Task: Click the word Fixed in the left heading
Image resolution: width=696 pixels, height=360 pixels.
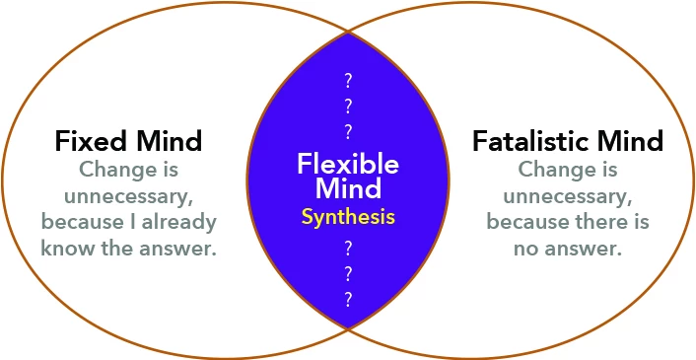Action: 92,141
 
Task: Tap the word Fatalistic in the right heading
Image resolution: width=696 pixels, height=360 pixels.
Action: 530,141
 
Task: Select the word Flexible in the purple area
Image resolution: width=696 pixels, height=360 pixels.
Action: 348,164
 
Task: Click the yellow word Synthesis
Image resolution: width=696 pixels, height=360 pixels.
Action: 348,218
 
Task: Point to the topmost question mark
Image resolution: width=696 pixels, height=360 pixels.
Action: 348,81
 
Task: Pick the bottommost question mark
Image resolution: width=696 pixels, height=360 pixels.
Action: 348,300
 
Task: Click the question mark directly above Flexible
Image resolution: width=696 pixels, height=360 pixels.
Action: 348,132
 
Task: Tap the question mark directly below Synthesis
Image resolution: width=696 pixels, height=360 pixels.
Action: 348,249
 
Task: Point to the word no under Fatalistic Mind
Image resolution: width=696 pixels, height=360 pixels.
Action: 527,250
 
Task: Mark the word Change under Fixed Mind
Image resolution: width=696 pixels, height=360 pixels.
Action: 111,170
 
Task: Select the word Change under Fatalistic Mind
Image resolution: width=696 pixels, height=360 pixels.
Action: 551,170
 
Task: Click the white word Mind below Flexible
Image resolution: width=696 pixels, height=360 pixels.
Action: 348,187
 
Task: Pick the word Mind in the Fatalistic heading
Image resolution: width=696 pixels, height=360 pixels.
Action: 630,141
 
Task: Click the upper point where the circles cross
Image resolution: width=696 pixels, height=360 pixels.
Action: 348,32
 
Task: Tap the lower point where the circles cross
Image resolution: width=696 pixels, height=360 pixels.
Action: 348,328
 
